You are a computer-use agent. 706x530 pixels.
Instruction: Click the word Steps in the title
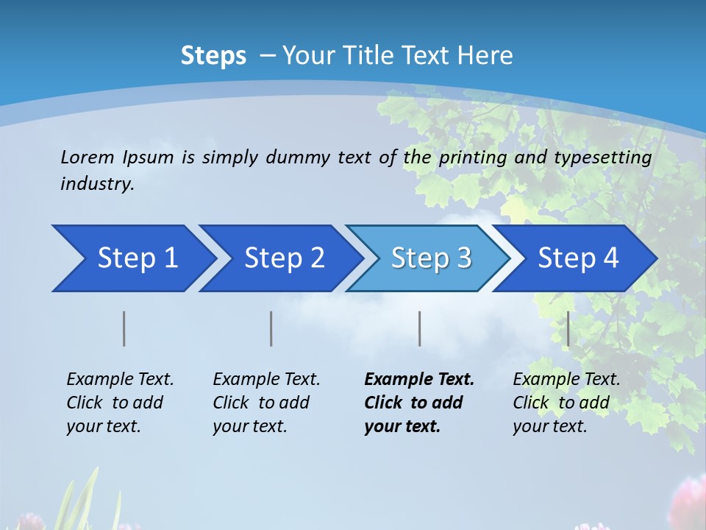pyautogui.click(x=213, y=56)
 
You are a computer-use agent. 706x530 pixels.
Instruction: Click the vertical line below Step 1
pyautogui.click(x=124, y=328)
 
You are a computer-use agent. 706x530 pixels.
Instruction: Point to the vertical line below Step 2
pyautogui.click(x=271, y=328)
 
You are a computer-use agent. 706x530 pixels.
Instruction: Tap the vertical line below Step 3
pyautogui.click(x=420, y=328)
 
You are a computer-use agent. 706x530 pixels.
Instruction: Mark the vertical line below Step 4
pyautogui.click(x=568, y=328)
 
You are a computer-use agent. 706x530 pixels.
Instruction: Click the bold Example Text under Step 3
pyautogui.click(x=419, y=403)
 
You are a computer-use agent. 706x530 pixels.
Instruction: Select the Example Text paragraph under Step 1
pyautogui.click(x=120, y=403)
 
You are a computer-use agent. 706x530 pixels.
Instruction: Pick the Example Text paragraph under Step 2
pyautogui.click(x=266, y=403)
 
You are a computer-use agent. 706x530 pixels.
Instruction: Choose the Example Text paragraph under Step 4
pyautogui.click(x=566, y=403)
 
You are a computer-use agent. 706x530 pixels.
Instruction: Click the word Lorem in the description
pyautogui.click(x=88, y=157)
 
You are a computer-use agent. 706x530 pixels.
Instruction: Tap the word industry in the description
pyautogui.click(x=96, y=184)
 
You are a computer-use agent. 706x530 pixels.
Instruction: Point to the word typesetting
pyautogui.click(x=602, y=158)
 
